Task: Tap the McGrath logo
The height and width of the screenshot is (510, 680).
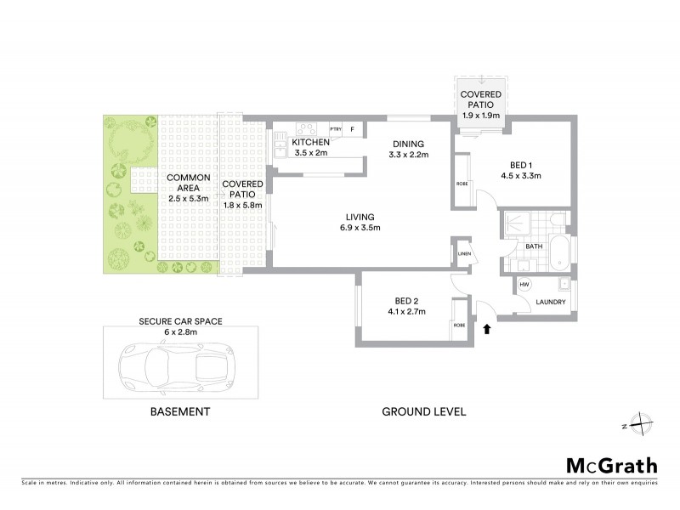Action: click(x=612, y=465)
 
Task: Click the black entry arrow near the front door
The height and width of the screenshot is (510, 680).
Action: click(x=487, y=327)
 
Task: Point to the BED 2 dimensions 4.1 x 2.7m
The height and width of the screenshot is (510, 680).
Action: click(x=411, y=312)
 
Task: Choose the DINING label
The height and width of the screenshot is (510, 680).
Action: click(x=408, y=143)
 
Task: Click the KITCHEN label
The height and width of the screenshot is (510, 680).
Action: click(x=310, y=143)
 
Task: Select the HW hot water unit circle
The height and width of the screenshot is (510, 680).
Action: click(x=524, y=284)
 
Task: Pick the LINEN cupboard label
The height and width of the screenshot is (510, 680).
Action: click(x=462, y=252)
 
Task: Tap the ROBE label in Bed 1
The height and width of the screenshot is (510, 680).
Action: click(x=462, y=182)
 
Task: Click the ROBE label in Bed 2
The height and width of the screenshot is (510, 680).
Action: click(x=459, y=325)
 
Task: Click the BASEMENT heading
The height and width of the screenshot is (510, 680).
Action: click(x=179, y=411)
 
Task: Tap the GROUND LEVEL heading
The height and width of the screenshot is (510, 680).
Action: click(x=423, y=411)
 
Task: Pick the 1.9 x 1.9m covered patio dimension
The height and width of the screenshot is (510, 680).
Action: click(x=481, y=116)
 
